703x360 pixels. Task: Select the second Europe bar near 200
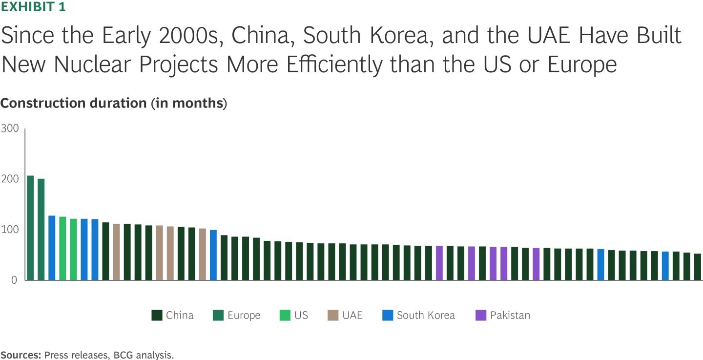[x=41, y=229]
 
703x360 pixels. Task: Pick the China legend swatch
[x=157, y=316]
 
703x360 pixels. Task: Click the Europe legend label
[x=244, y=316]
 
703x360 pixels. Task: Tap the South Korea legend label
[x=426, y=316]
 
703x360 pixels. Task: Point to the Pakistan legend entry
[x=510, y=316]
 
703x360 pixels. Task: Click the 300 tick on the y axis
[x=10, y=128]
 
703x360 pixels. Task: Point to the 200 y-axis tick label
[x=10, y=179]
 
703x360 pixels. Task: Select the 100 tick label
[x=10, y=230]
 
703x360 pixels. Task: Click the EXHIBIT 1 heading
[x=33, y=7]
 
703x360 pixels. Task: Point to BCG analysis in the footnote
[x=146, y=355]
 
